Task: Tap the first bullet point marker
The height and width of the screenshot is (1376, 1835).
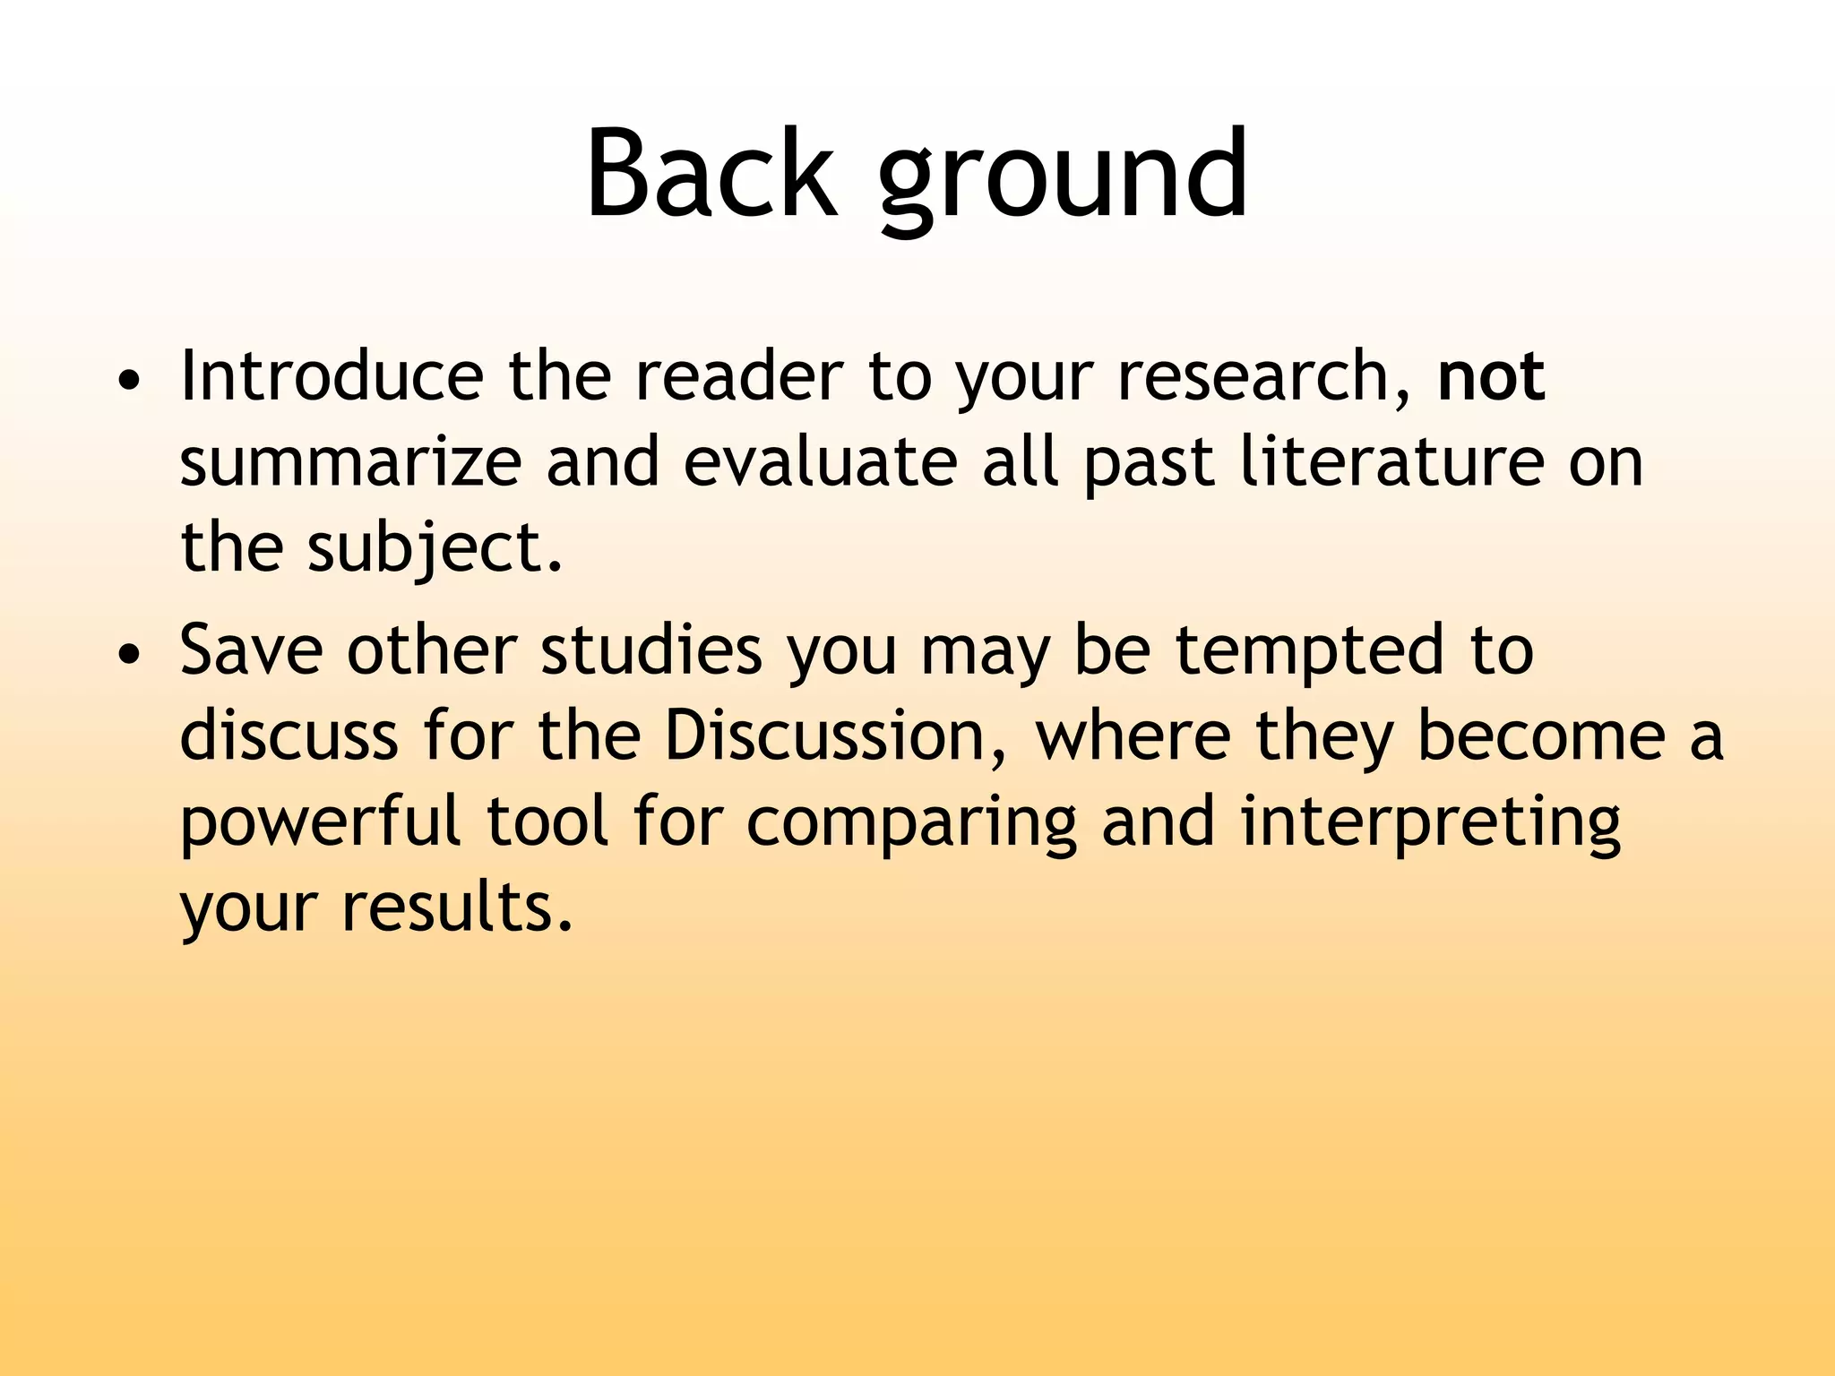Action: coord(130,381)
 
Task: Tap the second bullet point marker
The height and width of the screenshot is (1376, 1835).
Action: coord(130,655)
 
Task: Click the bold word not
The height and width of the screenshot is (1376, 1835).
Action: coord(1490,376)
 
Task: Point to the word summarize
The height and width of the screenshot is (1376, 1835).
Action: coord(350,462)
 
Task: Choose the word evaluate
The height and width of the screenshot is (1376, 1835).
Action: coord(820,462)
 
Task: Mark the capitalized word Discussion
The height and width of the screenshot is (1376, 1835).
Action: coord(824,735)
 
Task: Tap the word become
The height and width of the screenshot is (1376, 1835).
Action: coord(1540,735)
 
